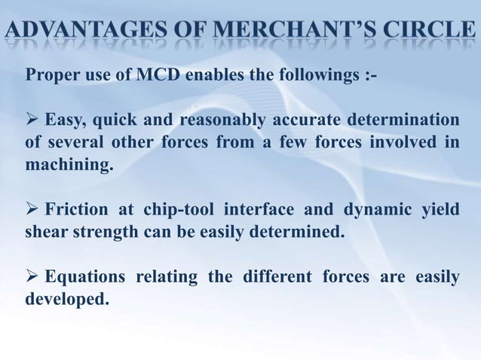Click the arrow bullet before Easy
[32, 121]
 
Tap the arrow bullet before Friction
[32, 209]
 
